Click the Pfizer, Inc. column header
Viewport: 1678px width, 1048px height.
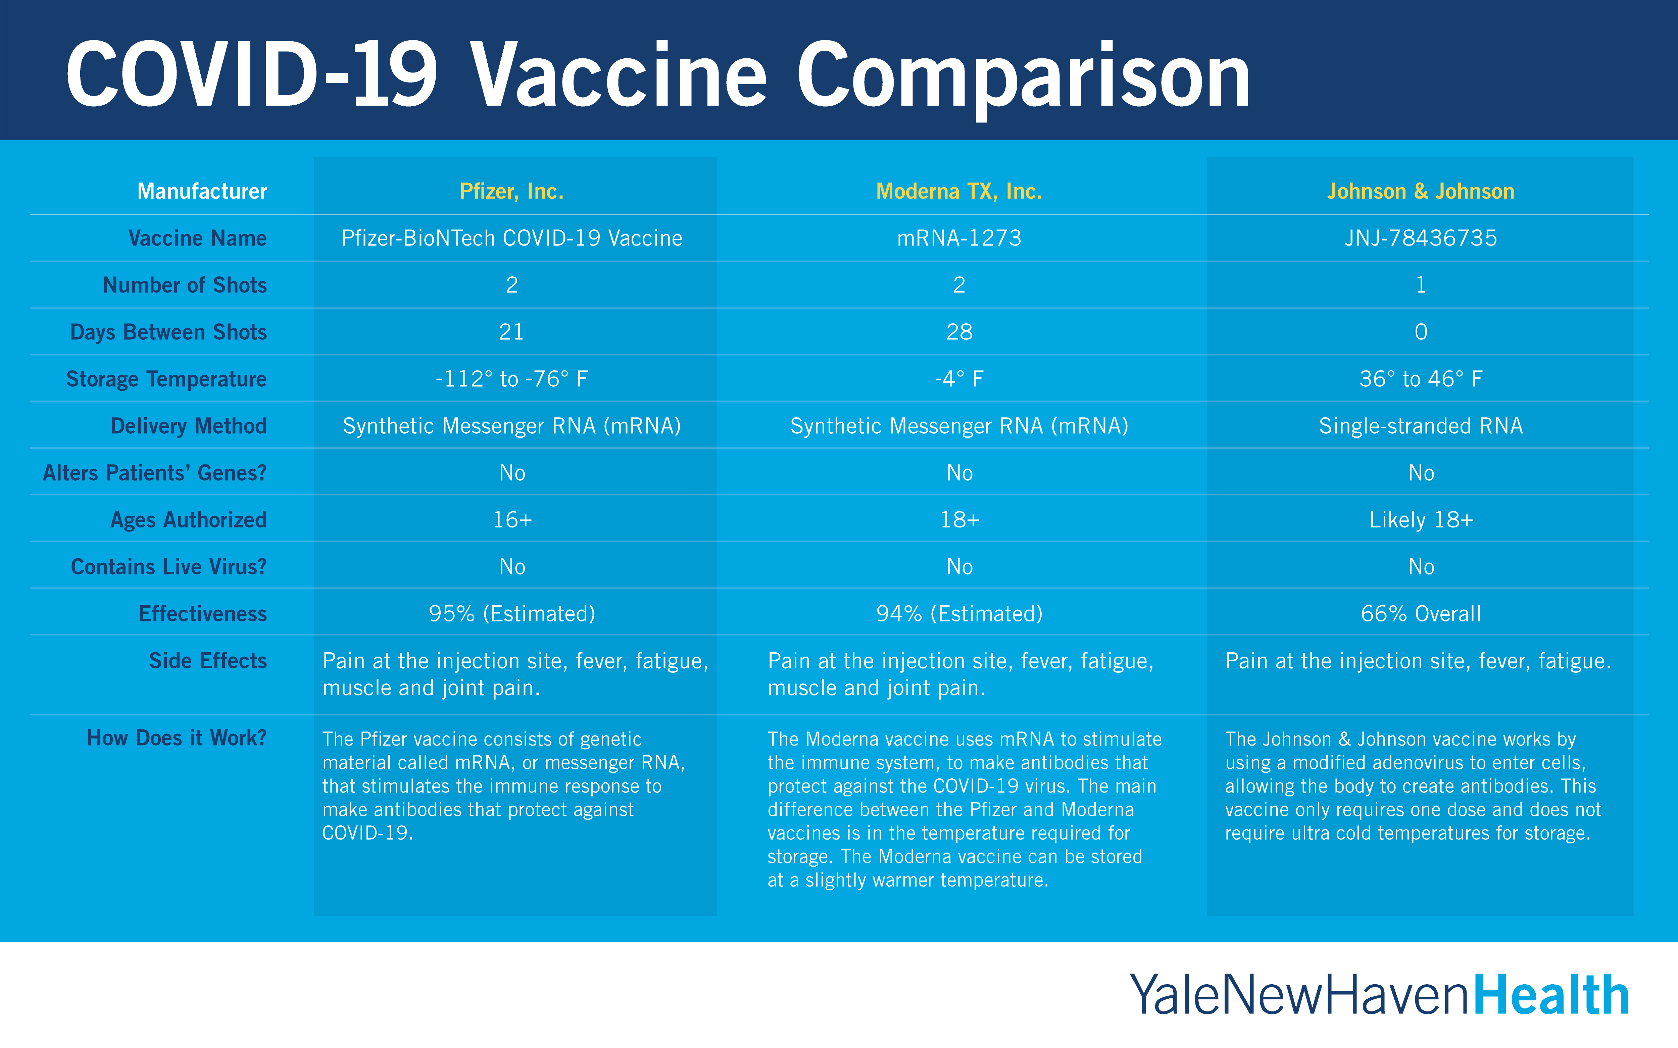pyautogui.click(x=512, y=191)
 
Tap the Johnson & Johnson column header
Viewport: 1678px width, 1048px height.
pyautogui.click(x=1421, y=191)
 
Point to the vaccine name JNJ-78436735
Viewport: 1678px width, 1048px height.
pyautogui.click(x=1421, y=238)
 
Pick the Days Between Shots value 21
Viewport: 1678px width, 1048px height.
pyautogui.click(x=512, y=332)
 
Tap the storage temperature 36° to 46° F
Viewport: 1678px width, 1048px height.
pyautogui.click(x=1421, y=379)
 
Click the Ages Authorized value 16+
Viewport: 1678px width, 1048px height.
pyautogui.click(x=512, y=520)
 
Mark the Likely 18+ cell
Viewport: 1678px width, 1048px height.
pyautogui.click(x=1421, y=520)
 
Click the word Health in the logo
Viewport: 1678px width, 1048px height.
pyautogui.click(x=1550, y=995)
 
